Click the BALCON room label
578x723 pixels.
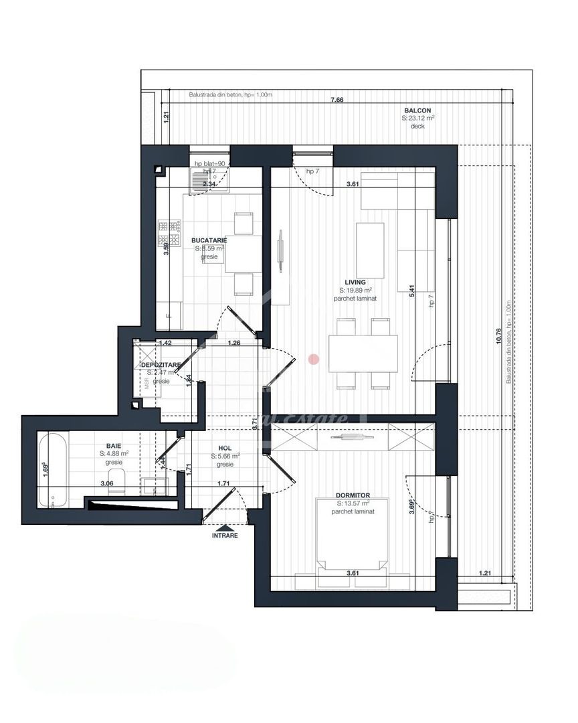pyautogui.click(x=417, y=110)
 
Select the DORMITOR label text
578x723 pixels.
pyautogui.click(x=353, y=495)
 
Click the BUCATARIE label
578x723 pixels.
pyautogui.click(x=209, y=240)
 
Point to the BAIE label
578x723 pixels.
pyautogui.click(x=114, y=445)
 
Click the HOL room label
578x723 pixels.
pyautogui.click(x=225, y=449)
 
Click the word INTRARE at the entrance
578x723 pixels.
pyautogui.click(x=225, y=536)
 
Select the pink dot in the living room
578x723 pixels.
pyautogui.click(x=312, y=359)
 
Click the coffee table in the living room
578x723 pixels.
pyautogui.click(x=370, y=250)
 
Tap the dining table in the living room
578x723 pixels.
pyautogui.click(x=363, y=353)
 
